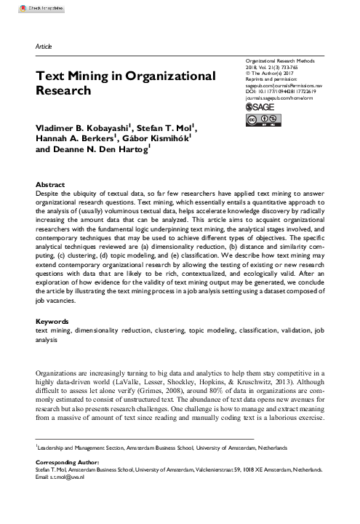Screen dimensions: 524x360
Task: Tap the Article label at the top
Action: [44, 47]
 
